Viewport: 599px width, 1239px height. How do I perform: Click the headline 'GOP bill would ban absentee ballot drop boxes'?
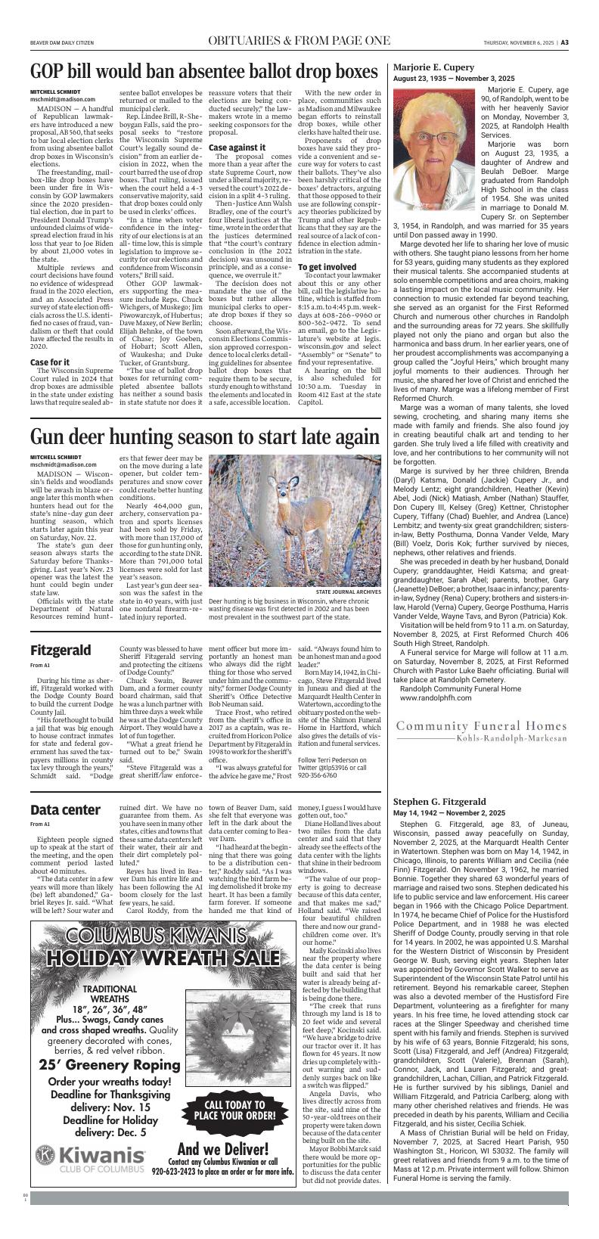(203, 72)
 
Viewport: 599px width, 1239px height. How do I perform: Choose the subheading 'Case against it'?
(237, 147)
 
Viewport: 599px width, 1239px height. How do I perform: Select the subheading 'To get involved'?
(327, 268)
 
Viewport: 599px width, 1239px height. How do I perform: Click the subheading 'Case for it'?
(50, 362)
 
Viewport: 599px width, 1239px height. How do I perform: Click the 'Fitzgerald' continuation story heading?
(61, 651)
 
